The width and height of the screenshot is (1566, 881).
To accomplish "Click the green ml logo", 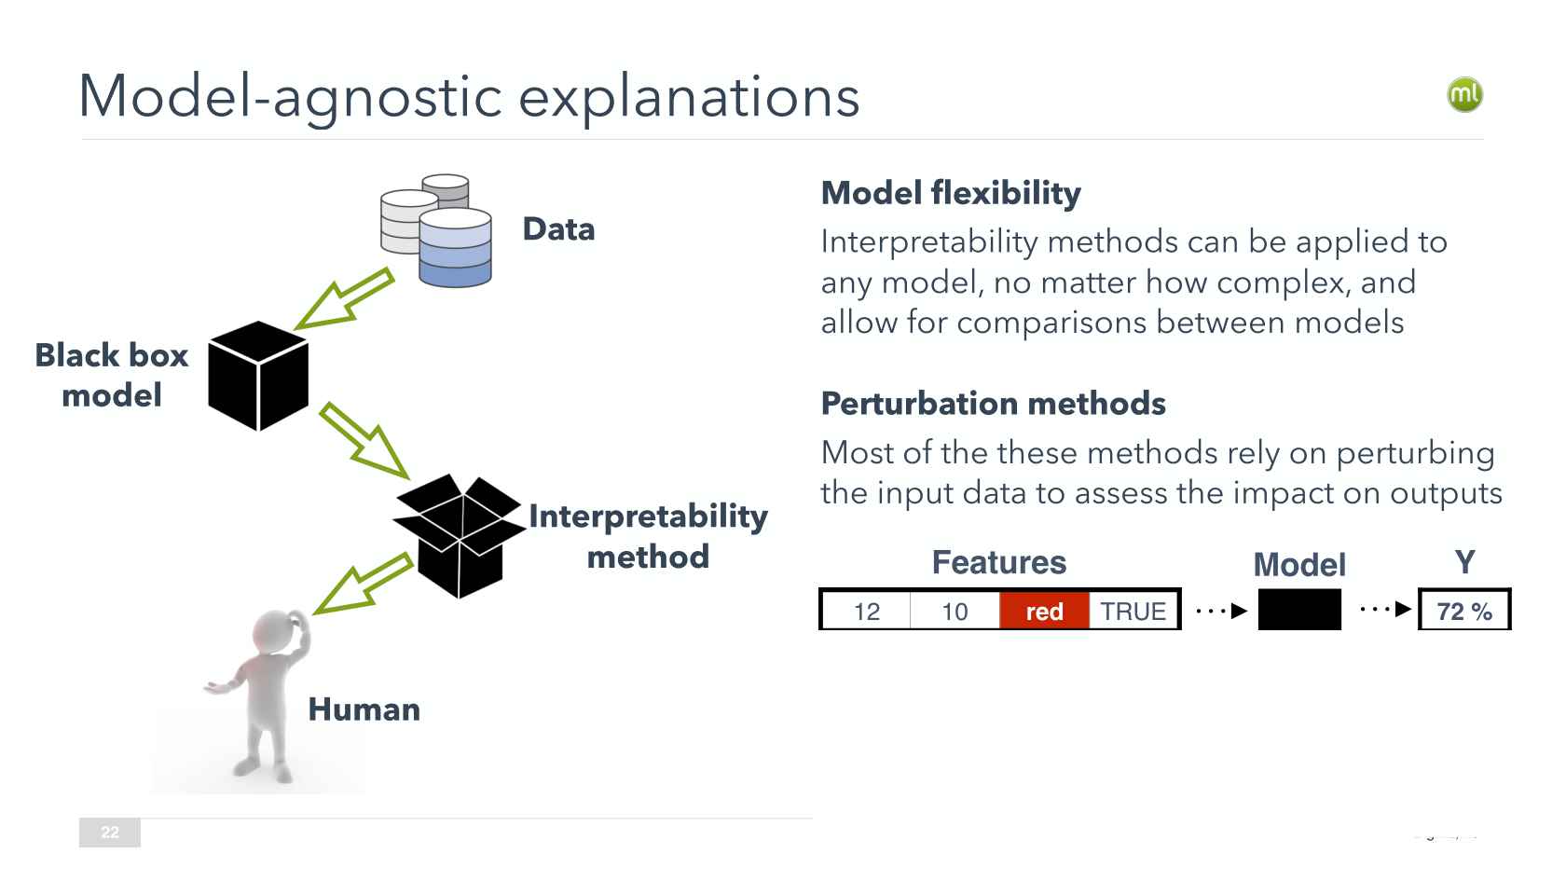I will [1464, 94].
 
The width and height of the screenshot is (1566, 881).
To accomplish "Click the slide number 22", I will [110, 833].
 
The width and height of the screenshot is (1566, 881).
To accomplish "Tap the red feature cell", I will [1044, 611].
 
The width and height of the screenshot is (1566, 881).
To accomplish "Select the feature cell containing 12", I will [867, 611].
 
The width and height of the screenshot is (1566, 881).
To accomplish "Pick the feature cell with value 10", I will [955, 611].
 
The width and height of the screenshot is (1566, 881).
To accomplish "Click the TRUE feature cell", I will [1133, 611].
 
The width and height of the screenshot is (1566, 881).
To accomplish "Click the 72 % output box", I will [1464, 611].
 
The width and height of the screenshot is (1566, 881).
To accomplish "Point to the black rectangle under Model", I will [1299, 610].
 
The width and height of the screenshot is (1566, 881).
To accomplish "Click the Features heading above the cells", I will [998, 562].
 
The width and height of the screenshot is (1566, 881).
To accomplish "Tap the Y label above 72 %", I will [1464, 562].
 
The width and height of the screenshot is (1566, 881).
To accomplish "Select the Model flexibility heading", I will [951, 193].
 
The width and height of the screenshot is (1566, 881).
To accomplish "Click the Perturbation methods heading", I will [993, 404].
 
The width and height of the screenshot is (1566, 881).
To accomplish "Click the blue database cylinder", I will [455, 248].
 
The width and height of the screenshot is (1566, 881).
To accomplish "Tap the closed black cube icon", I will [258, 376].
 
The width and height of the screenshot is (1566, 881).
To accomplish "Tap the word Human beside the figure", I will [364, 709].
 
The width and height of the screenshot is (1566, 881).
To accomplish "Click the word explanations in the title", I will [688, 96].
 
